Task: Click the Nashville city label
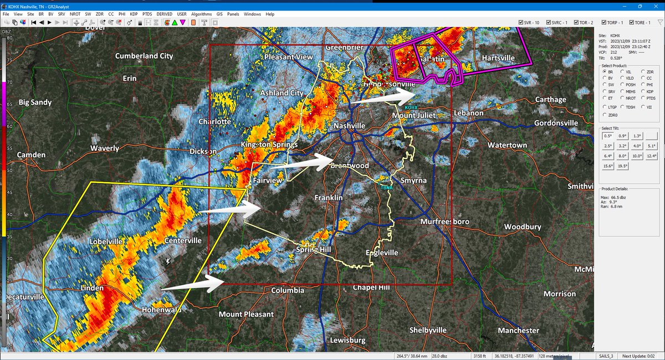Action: click(x=349, y=126)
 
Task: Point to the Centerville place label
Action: click(x=183, y=241)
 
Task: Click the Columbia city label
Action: click(x=288, y=290)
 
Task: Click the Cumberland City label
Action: click(x=144, y=56)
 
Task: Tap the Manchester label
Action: click(x=518, y=331)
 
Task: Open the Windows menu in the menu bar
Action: click(x=252, y=13)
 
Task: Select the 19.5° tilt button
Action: click(x=622, y=166)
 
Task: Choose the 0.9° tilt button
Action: click(x=622, y=136)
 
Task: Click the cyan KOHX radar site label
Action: click(x=411, y=107)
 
